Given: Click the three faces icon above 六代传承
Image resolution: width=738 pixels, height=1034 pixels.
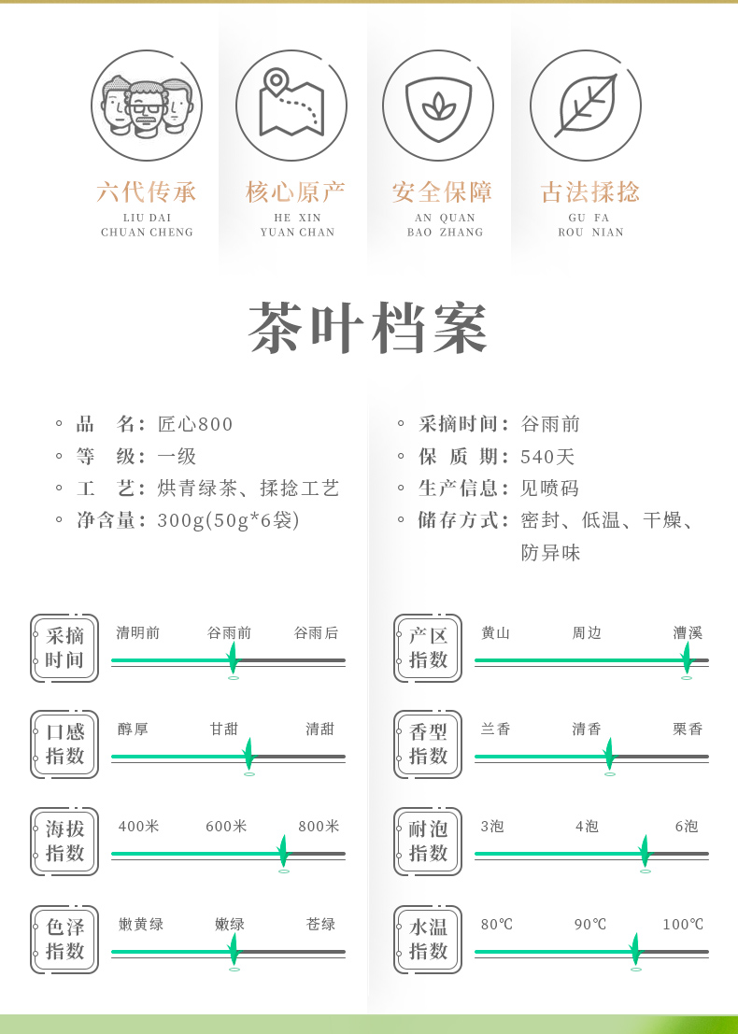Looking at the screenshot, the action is coord(147,106).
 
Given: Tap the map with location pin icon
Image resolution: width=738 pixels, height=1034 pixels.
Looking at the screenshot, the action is coord(291,106).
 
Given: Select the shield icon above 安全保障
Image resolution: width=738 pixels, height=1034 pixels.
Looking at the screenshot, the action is coord(438,106).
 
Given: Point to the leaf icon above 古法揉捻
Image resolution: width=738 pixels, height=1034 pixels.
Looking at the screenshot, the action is coord(586,106).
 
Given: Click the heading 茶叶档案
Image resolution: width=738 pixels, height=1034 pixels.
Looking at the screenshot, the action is coord(369,329).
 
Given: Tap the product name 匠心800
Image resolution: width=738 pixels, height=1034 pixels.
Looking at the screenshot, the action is coord(195,424).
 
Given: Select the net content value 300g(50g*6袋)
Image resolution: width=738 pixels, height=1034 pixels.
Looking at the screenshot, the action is coord(228,520).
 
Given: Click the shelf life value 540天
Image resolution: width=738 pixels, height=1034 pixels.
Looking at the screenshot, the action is coord(548,457).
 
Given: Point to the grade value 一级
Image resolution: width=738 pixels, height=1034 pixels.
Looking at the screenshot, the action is coord(177,457).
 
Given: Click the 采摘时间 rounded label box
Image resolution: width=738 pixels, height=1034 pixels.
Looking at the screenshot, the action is coord(64,648).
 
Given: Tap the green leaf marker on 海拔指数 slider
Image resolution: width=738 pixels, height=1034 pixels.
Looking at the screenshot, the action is coord(283,852).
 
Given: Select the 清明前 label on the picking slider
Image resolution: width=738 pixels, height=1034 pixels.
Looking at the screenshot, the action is coord(138,633).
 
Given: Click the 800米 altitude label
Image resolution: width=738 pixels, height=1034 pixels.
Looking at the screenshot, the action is coord(319,827).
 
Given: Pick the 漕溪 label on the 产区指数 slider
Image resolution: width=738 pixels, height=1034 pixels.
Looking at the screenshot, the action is coord(688,633).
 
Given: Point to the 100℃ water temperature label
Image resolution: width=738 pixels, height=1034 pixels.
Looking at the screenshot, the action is coord(683,925).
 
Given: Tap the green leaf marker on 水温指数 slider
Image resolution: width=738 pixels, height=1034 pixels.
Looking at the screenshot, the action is coord(635,950).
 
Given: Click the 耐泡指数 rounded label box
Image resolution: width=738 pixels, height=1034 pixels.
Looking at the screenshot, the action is coord(428,842).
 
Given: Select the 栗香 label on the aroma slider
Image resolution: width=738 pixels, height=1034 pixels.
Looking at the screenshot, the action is coord(688,729).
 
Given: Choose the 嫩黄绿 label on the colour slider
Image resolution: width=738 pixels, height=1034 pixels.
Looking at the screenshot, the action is coord(141,925).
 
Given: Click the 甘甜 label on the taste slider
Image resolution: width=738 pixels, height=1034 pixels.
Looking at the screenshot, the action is coord(225,729).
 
